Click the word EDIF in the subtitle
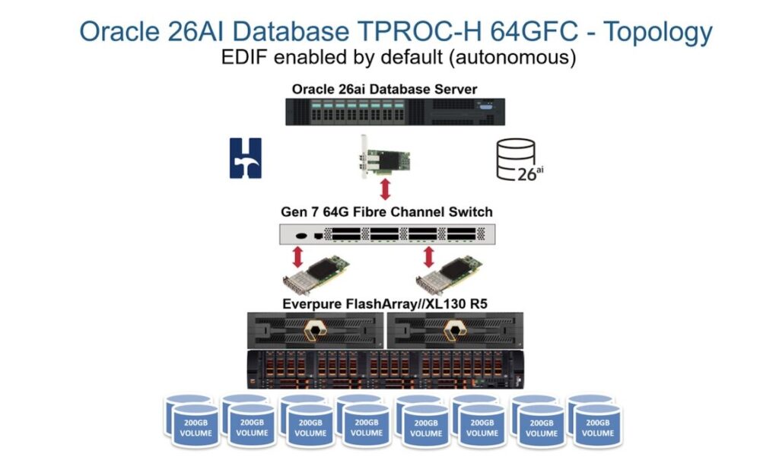pyautogui.click(x=243, y=58)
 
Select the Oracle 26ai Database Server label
pyautogui.click(x=384, y=90)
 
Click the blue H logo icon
pyautogui.click(x=246, y=158)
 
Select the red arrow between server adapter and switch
pyautogui.click(x=385, y=189)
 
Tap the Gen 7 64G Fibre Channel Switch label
pyautogui.click(x=384, y=211)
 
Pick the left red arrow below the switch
pyautogui.click(x=298, y=255)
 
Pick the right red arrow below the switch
pyautogui.click(x=429, y=255)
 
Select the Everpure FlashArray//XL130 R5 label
pyautogui.click(x=384, y=304)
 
